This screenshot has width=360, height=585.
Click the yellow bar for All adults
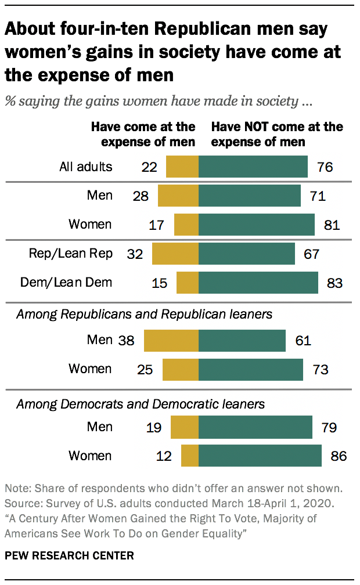[182, 167]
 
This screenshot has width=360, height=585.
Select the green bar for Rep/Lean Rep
[247, 254]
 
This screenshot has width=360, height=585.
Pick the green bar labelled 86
[260, 456]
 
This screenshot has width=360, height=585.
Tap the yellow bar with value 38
[171, 341]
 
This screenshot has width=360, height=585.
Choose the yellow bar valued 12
[190, 456]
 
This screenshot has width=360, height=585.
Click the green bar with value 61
[242, 341]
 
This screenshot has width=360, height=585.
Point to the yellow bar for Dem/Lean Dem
[188, 283]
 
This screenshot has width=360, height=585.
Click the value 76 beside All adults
[325, 167]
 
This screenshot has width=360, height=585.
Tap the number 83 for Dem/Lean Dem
[335, 283]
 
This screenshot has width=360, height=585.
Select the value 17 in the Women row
[157, 225]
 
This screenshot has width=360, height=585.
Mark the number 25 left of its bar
[145, 369]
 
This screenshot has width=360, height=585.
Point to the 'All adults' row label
[86, 167]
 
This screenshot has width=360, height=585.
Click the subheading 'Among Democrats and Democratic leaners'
[140, 403]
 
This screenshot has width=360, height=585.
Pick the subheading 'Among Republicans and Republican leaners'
[144, 315]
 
